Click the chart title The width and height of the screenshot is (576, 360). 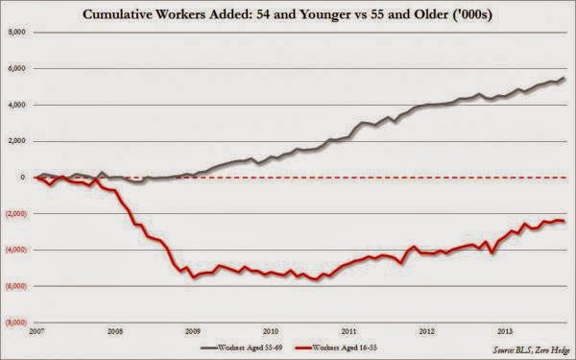click(x=287, y=15)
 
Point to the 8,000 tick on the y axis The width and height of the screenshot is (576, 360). click(x=17, y=32)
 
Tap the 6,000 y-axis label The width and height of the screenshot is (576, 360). click(x=17, y=68)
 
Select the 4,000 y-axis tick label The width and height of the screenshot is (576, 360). click(x=17, y=105)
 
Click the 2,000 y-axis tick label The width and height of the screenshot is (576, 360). click(x=17, y=141)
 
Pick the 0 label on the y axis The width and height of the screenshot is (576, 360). click(x=23, y=178)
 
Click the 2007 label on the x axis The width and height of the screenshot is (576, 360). click(x=36, y=332)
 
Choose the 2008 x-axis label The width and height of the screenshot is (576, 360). click(x=115, y=332)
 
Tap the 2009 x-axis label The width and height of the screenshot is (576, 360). click(x=193, y=332)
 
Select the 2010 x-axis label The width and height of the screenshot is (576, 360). click(x=271, y=332)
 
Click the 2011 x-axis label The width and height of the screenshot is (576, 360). click(x=349, y=332)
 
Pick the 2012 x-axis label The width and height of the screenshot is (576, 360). click(x=427, y=332)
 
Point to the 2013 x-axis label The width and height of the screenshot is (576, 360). click(x=505, y=332)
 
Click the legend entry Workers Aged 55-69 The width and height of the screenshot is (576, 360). click(x=241, y=348)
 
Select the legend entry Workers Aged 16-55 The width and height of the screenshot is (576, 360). click(x=336, y=348)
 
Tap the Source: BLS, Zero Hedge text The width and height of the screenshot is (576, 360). click(x=532, y=349)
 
